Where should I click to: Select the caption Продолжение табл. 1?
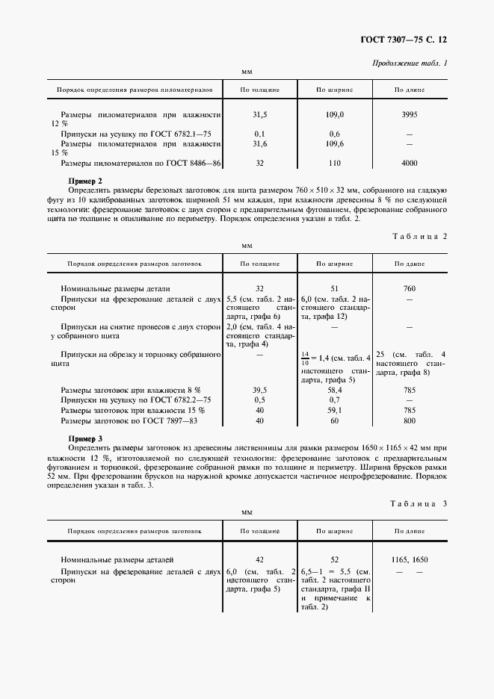(x=410, y=63)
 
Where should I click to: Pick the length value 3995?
(x=410, y=115)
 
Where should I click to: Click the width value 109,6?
(x=335, y=143)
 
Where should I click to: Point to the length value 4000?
(x=410, y=163)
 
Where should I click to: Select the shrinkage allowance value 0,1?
(x=259, y=134)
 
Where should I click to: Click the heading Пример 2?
(x=85, y=181)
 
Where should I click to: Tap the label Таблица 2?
(x=419, y=236)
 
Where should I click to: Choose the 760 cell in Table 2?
(x=410, y=288)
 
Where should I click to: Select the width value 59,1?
(x=335, y=410)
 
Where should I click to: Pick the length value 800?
(x=410, y=420)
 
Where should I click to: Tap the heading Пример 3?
(x=85, y=438)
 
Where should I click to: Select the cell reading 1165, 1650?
(x=410, y=559)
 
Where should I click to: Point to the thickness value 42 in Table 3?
(x=259, y=559)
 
